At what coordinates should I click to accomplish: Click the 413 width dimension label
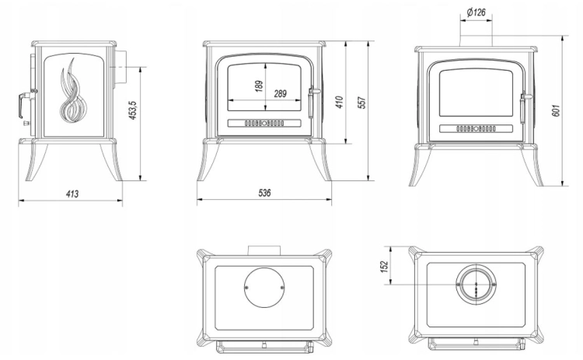[x=72, y=194]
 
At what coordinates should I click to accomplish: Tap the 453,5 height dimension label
[x=134, y=110]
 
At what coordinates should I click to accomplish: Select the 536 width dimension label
[x=264, y=193]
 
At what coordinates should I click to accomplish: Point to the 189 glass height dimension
[x=259, y=86]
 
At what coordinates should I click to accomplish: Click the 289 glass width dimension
[x=281, y=93]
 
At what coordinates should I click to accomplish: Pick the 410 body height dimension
[x=340, y=102]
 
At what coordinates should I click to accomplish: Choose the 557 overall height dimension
[x=361, y=103]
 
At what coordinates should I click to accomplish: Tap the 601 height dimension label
[x=556, y=110]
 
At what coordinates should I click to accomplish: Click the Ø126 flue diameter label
[x=477, y=12]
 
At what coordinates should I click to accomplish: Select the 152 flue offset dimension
[x=384, y=266]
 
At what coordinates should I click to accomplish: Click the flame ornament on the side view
[x=74, y=90]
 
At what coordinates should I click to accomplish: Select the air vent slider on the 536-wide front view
[x=264, y=123]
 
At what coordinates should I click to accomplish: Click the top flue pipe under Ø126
[x=477, y=41]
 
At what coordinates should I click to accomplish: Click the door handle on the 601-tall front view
[x=524, y=108]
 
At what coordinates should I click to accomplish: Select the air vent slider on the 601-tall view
[x=476, y=128]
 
